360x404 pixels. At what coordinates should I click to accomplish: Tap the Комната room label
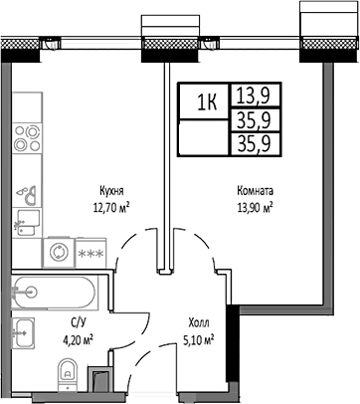256,192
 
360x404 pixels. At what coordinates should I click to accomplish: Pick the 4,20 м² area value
78,339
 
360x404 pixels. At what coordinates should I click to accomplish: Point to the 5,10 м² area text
200,339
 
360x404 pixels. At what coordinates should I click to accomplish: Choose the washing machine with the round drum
58,252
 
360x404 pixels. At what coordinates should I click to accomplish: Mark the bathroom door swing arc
127,262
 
